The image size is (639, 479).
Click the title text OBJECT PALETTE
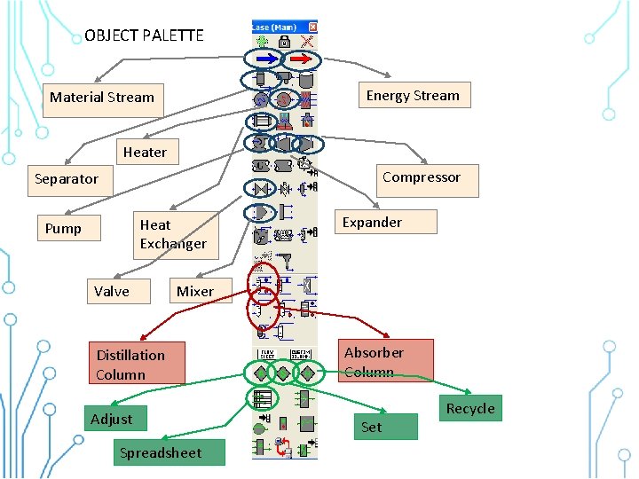[144, 36]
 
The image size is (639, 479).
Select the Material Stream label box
[102, 98]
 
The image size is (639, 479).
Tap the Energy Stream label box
[413, 96]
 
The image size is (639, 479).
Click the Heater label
[145, 153]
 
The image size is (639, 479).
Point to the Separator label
[67, 179]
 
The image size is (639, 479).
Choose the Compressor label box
[422, 178]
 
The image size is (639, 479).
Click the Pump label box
[63, 229]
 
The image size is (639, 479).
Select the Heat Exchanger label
[173, 234]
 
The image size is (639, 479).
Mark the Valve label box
[112, 292]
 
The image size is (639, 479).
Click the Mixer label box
[194, 292]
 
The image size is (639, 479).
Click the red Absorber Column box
[385, 361]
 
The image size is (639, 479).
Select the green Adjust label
[112, 420]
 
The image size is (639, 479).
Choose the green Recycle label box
[470, 409]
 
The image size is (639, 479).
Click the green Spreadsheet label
[160, 453]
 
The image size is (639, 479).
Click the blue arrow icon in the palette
[264, 59]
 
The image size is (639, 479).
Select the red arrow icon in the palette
[303, 59]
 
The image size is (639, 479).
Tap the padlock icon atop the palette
[284, 42]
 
